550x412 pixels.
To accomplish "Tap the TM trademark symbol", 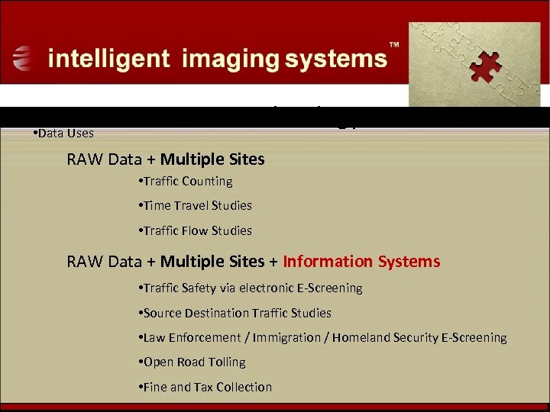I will [x=394, y=47].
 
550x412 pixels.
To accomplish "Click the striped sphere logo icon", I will [x=24, y=58].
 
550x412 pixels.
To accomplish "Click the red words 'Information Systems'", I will [x=361, y=262].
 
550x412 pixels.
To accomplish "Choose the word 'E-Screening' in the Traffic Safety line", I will [x=329, y=288].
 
